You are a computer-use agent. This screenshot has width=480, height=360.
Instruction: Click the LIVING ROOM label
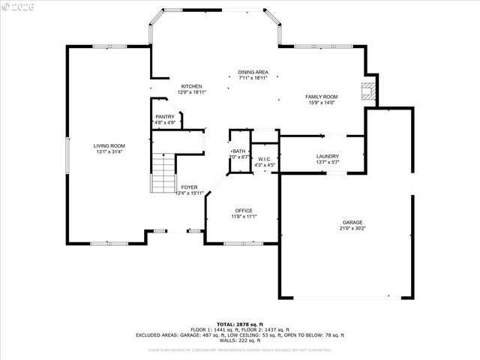(109, 145)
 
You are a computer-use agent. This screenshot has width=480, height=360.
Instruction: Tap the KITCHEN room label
(191, 86)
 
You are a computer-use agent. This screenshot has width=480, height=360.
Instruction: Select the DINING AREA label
(253, 72)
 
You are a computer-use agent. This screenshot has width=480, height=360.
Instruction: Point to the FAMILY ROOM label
(321, 97)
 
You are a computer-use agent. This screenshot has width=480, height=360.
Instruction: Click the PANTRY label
(165, 116)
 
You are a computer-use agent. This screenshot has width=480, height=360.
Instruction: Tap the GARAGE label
(352, 222)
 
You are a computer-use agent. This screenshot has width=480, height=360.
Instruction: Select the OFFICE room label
(244, 210)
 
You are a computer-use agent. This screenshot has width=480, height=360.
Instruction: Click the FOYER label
(189, 187)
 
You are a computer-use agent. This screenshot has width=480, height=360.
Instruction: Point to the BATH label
(238, 151)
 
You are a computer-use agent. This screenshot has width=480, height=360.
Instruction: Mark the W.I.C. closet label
(264, 158)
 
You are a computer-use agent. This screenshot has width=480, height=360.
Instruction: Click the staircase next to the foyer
(163, 174)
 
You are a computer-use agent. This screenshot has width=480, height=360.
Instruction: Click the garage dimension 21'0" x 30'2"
(352, 229)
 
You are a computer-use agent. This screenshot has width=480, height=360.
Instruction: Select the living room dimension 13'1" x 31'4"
(109, 152)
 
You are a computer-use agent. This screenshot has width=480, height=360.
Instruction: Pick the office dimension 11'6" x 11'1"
(244, 217)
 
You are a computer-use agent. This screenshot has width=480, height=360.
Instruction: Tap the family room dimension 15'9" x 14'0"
(321, 103)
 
